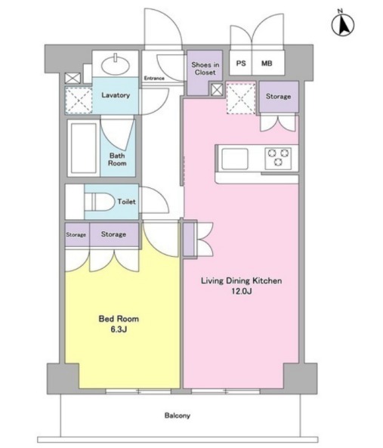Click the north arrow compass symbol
click(x=343, y=24)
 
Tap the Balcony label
click(x=178, y=416)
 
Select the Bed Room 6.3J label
click(x=119, y=323)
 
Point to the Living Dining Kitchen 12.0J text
click(x=241, y=286)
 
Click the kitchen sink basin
click(x=235, y=159)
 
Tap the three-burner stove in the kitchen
click(x=278, y=158)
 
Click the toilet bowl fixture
click(x=99, y=202)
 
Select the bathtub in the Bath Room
click(x=84, y=148)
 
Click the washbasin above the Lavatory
click(x=116, y=66)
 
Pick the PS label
click(x=241, y=63)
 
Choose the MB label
click(x=267, y=63)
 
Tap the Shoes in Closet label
click(x=205, y=69)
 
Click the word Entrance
click(x=154, y=78)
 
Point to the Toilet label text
click(x=126, y=202)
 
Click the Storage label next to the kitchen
click(x=279, y=96)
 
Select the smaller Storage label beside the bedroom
click(x=76, y=234)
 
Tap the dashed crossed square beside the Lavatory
click(x=79, y=100)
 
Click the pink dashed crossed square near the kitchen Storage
click(x=241, y=98)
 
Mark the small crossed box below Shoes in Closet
click(x=217, y=90)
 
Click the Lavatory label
click(x=116, y=95)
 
